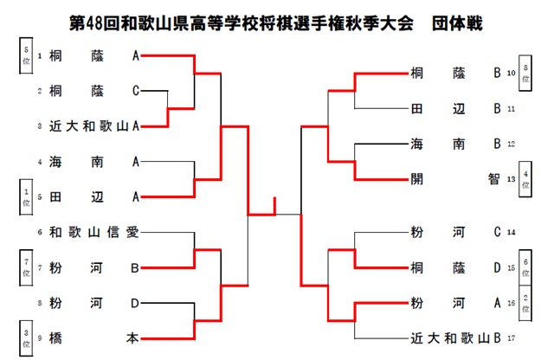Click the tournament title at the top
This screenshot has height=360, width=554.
point(277,20)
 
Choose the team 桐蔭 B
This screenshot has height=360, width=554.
point(455,74)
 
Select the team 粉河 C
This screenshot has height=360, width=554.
point(455,232)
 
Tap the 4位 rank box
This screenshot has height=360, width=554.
point(525,179)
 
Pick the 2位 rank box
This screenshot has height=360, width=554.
point(525,302)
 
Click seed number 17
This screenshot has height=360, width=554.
point(512,338)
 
